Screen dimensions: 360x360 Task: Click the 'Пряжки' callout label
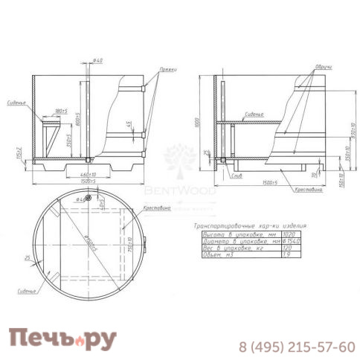pyautogui.click(x=167, y=69)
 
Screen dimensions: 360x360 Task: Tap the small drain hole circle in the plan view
pyautogui.click(x=89, y=199)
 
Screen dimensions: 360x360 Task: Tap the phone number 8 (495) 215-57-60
pyautogui.click(x=296, y=347)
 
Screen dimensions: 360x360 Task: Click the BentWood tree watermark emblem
pyautogui.click(x=179, y=159)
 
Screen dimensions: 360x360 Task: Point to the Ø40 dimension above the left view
pyautogui.click(x=99, y=60)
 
